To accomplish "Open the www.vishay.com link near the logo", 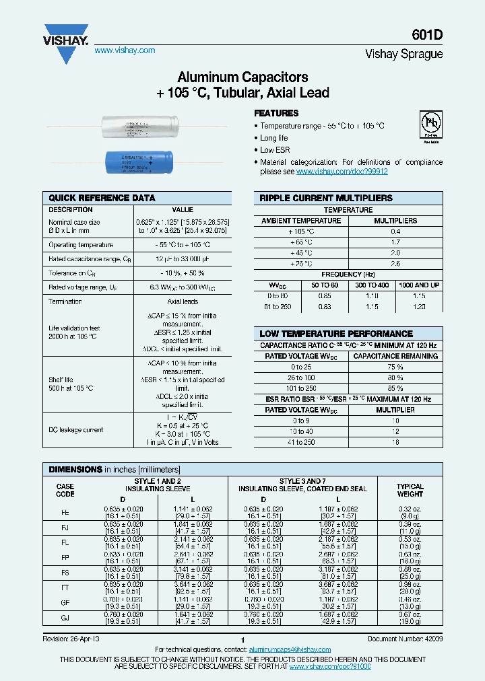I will [125, 50].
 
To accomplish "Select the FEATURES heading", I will [276, 114].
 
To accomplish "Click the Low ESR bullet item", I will [275, 150].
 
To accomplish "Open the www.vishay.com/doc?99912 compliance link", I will [342, 172].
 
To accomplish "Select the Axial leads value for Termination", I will [183, 301].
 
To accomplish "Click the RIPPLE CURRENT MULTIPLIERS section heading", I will [326, 198].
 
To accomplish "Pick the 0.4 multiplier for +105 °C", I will [396, 231].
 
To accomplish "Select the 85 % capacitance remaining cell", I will [396, 388].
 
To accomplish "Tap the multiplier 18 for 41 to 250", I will [396, 442].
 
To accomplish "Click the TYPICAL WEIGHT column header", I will [410, 490].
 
